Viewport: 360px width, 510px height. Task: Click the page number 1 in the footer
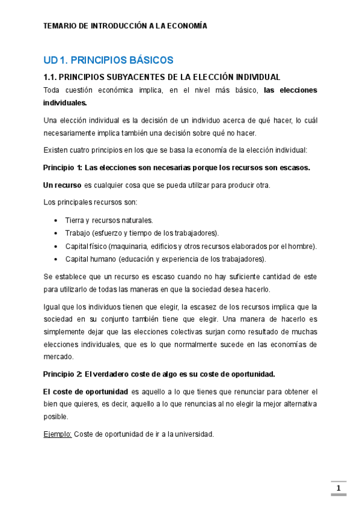pyautogui.click(x=338, y=488)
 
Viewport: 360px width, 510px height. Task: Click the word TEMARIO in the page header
pyautogui.click(x=61, y=26)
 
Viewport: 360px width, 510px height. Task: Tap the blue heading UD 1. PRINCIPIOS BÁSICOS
pyautogui.click(x=108, y=60)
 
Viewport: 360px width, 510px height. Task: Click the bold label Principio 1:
pyautogui.click(x=63, y=167)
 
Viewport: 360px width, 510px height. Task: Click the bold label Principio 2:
pyautogui.click(x=63, y=373)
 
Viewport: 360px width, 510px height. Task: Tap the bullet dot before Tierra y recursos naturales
pyautogui.click(x=56, y=220)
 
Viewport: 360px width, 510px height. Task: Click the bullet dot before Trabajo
pyautogui.click(x=56, y=233)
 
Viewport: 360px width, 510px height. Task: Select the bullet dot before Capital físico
pyautogui.click(x=56, y=246)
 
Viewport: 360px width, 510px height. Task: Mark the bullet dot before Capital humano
pyautogui.click(x=56, y=259)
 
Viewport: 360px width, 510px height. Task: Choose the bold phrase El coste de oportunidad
pyautogui.click(x=86, y=391)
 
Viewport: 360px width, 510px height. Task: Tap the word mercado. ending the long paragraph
pyautogui.click(x=58, y=357)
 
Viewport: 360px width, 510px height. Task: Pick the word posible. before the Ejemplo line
pyautogui.click(x=56, y=416)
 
